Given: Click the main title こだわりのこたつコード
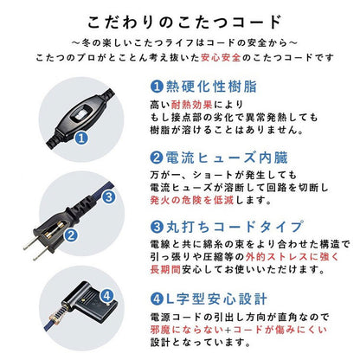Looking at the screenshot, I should click(x=179, y=21).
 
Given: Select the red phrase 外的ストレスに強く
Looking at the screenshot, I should click(x=282, y=257).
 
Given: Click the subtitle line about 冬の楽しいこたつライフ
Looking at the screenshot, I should click(x=179, y=42).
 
